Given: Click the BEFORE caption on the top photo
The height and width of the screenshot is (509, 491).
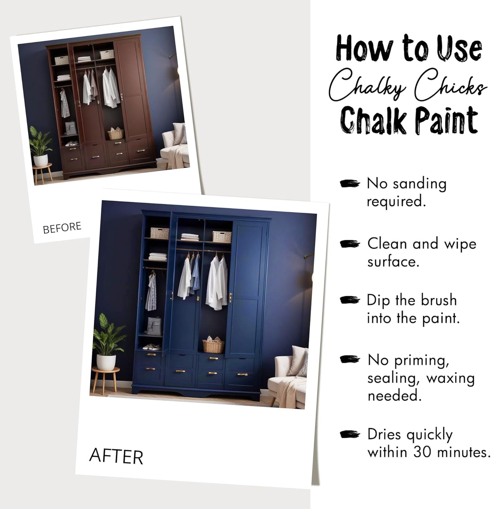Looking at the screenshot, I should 62,228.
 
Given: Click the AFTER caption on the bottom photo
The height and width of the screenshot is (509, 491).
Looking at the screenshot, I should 116,456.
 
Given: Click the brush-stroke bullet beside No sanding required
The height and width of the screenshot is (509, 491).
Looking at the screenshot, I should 350,183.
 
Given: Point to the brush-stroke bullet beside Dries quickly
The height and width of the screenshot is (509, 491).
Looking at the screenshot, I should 350,434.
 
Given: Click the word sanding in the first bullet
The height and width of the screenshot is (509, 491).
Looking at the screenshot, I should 420,183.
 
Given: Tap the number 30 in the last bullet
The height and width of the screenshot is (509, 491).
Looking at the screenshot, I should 423,452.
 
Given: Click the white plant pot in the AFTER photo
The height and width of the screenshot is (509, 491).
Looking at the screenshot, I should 106,362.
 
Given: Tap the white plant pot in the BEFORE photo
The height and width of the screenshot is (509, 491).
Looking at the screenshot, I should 40,160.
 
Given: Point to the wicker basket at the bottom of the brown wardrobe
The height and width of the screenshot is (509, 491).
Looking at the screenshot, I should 116,134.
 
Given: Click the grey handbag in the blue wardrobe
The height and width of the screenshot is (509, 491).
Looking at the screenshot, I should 155,326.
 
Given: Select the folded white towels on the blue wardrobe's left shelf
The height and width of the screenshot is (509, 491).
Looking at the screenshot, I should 158,256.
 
